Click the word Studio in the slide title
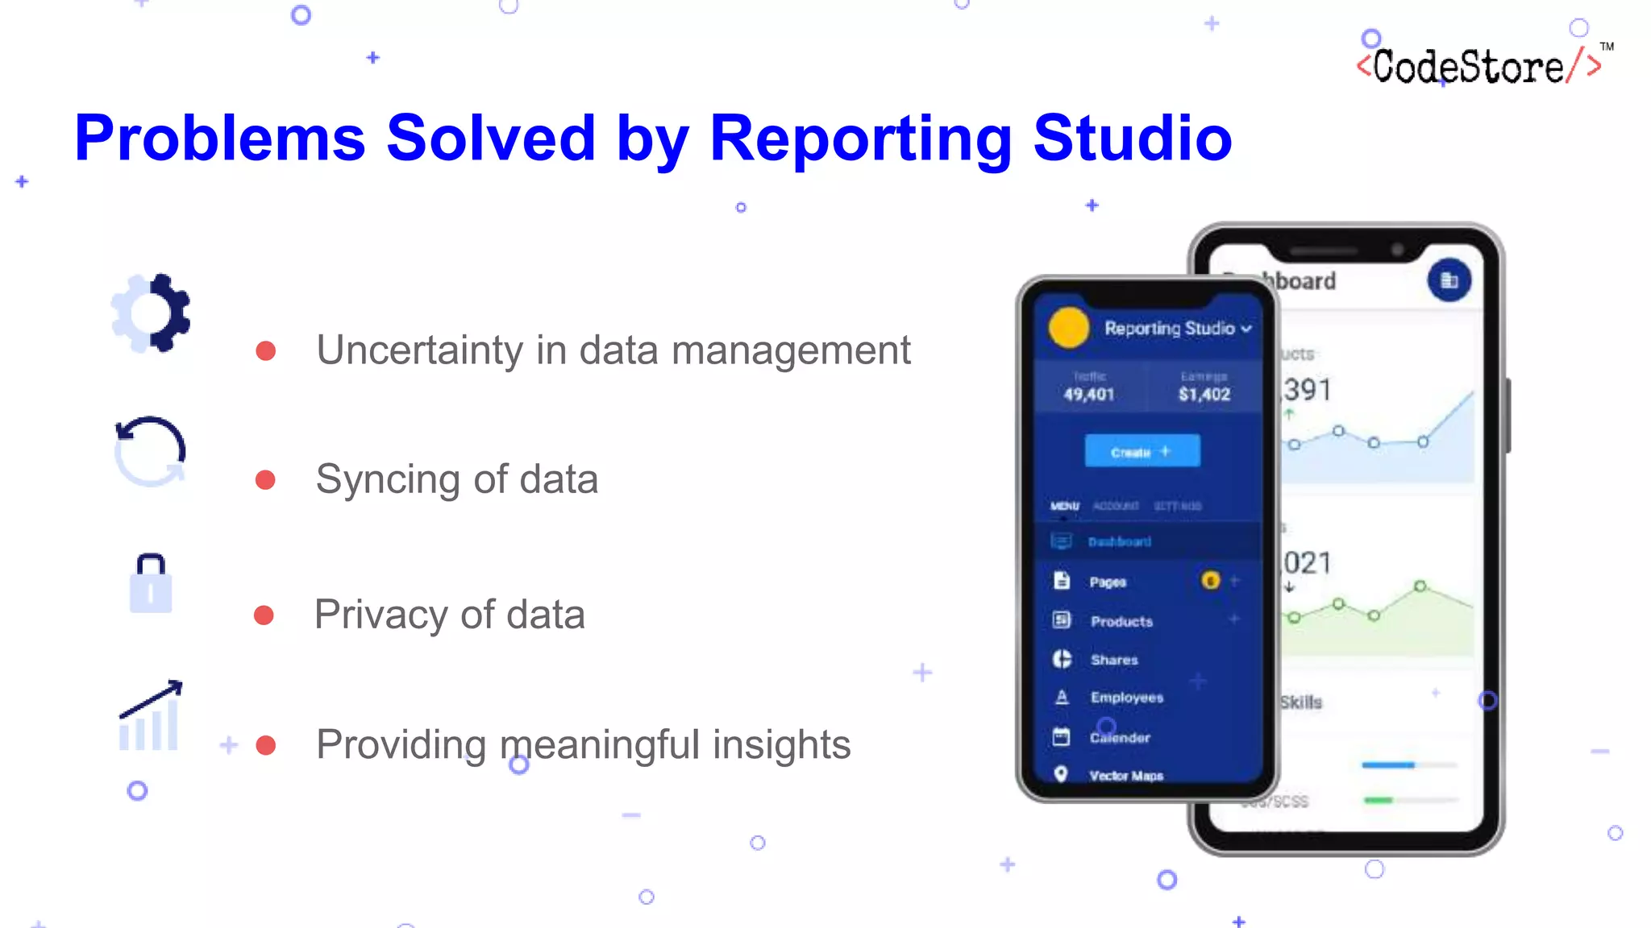[1132, 139]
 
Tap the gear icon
[152, 313]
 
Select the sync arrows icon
[150, 451]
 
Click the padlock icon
[151, 583]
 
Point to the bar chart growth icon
[150, 716]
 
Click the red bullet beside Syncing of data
[265, 480]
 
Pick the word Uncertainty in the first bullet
[419, 350]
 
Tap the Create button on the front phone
[1142, 451]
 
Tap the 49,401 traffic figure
[1088, 394]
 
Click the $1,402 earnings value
[1204, 394]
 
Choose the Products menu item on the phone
[1121, 621]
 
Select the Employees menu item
[1126, 698]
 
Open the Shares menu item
[1114, 660]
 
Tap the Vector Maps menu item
[1125, 776]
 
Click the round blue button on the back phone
[1449, 280]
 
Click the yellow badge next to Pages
[1210, 581]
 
